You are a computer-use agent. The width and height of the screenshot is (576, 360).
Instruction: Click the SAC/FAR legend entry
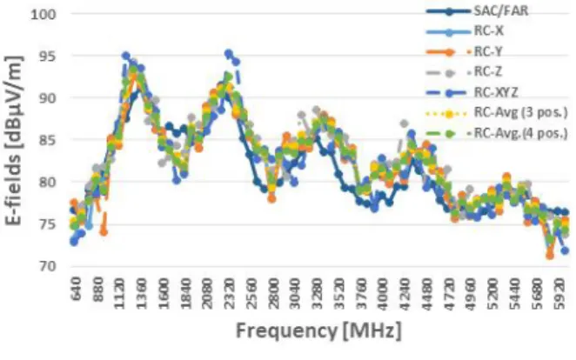pos(478,11)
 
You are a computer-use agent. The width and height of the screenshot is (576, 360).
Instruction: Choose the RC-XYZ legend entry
pos(472,92)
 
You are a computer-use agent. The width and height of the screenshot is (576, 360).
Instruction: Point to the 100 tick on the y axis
pos(44,15)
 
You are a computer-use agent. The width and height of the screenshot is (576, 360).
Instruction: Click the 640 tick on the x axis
pos(76,290)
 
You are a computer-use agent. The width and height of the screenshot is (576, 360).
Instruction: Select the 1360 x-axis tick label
pos(141,294)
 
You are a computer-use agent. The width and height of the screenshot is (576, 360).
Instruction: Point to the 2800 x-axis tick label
pos(273,294)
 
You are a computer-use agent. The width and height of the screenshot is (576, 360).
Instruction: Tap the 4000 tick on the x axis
pos(383,294)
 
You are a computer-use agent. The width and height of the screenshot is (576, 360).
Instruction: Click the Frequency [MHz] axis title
pos(318,331)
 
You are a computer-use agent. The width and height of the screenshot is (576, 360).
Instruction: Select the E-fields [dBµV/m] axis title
pos(14,141)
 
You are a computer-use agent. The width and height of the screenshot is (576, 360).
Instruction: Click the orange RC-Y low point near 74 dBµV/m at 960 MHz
pos(104,232)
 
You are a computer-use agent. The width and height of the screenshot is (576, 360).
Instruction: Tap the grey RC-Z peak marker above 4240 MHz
pos(404,123)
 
